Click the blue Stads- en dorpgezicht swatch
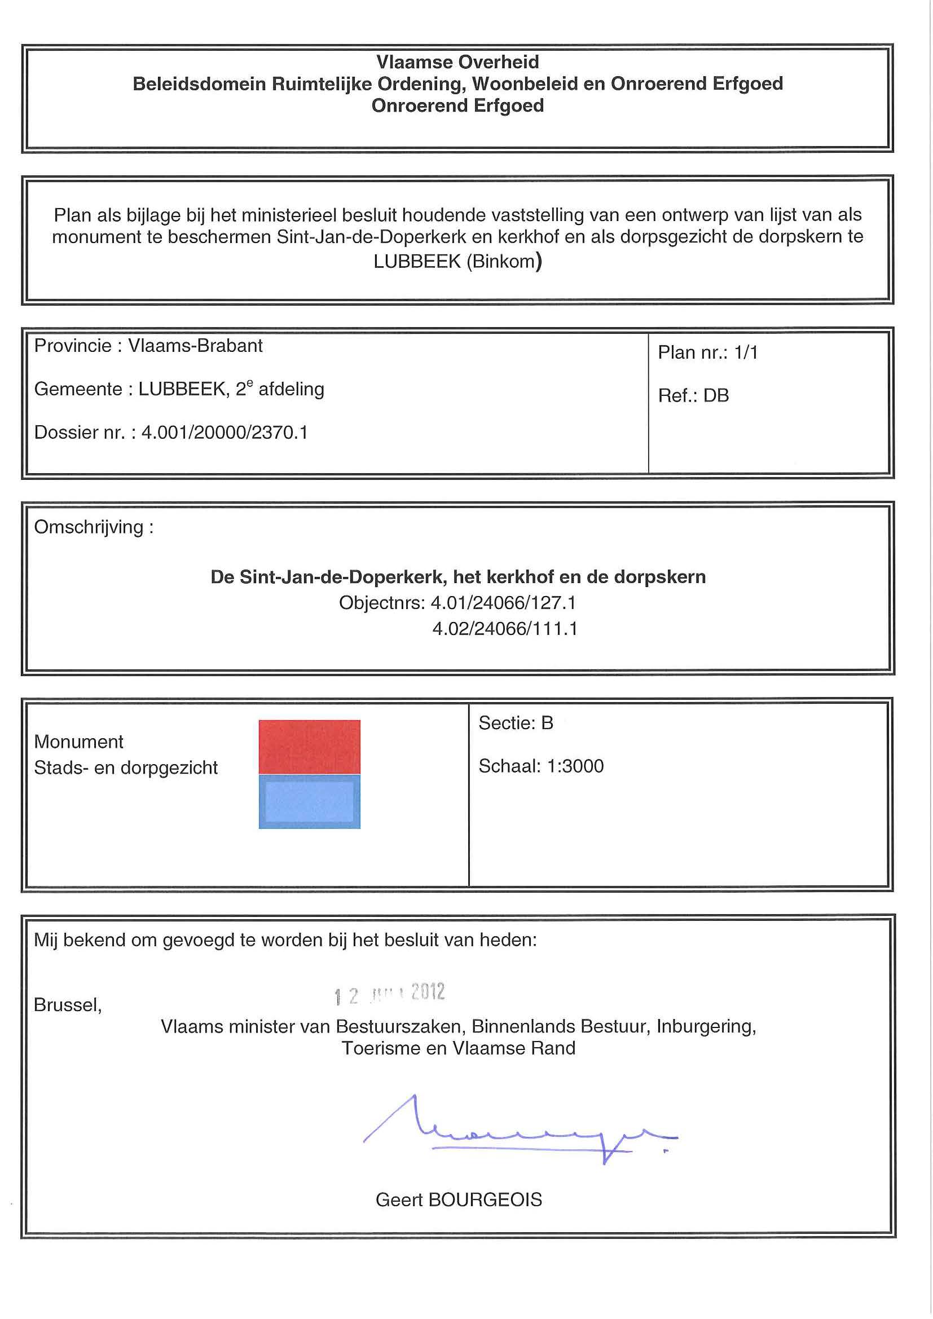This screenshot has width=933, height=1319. tap(309, 801)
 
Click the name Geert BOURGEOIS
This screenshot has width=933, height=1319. tap(459, 1199)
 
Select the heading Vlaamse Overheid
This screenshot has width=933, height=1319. tap(457, 62)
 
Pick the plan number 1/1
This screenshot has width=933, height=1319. tap(746, 352)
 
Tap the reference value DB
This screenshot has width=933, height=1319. tap(716, 395)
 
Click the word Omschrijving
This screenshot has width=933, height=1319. tap(89, 527)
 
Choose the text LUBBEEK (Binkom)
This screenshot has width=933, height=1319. tap(457, 262)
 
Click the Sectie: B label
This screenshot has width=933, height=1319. tap(516, 723)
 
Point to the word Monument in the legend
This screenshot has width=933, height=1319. tap(79, 742)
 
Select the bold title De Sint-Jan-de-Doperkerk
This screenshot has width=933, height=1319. tap(328, 577)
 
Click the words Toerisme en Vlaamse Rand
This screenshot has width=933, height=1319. tap(459, 1048)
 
